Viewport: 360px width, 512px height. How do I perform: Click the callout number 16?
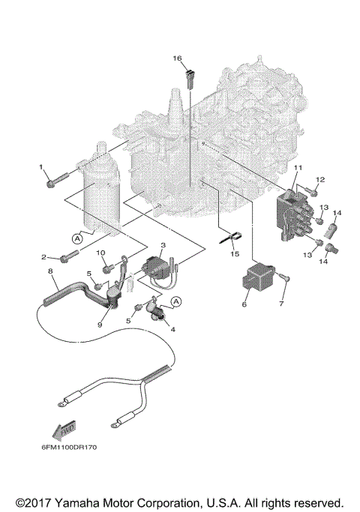point(178,58)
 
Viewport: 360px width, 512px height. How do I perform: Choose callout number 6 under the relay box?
point(244,305)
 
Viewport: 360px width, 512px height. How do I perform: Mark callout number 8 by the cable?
point(50,271)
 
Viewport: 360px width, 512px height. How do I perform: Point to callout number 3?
point(164,245)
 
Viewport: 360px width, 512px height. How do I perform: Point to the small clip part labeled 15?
point(230,239)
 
